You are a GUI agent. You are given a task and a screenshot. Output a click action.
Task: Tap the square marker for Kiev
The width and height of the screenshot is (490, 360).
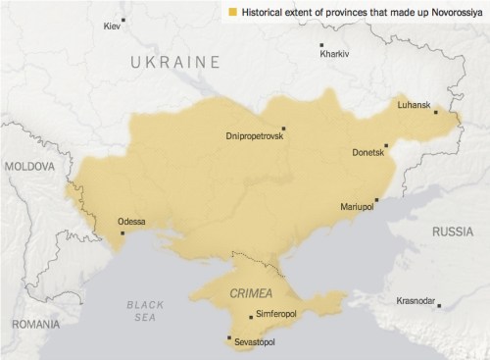pos(123,20)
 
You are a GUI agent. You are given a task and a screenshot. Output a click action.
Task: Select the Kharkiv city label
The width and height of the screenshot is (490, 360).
pos(334,54)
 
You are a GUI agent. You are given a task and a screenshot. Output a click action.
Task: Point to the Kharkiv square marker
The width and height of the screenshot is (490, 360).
pos(321,44)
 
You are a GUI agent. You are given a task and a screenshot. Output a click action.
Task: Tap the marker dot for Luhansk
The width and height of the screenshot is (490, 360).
pos(435,112)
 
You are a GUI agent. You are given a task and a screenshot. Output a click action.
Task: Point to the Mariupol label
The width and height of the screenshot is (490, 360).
pos(357,208)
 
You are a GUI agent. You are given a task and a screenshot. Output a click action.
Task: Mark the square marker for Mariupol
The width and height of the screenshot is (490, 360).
pos(376,199)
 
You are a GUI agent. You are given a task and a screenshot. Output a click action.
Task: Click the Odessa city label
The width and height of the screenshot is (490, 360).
pos(131,222)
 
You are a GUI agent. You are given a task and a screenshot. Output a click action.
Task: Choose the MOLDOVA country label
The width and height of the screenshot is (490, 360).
pos(31,168)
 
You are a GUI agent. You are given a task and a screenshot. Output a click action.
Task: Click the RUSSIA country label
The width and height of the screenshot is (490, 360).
pos(452,231)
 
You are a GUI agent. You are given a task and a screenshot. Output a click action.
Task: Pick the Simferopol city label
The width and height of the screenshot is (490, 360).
pos(277,314)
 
